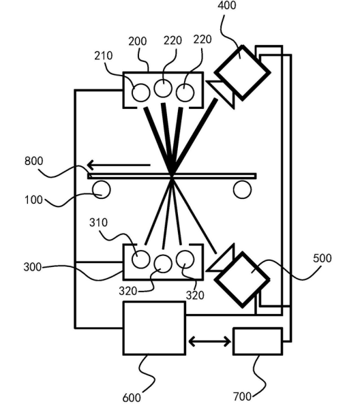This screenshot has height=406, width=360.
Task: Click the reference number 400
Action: click(227, 5)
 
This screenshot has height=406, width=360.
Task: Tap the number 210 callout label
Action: click(104, 56)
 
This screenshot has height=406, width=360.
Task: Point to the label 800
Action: click(33, 161)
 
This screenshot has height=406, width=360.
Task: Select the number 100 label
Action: click(33, 200)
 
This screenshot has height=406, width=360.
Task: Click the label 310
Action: click(98, 223)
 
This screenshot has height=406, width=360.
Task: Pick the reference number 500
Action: click(322, 258)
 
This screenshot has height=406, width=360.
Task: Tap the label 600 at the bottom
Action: click(132, 397)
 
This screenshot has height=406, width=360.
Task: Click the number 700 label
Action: click(242, 396)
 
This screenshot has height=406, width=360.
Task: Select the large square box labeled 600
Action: click(154, 328)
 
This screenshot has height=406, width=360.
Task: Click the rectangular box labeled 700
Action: click(258, 341)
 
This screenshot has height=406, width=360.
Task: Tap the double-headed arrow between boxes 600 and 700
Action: click(210, 342)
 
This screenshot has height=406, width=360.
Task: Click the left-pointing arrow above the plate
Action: click(119, 165)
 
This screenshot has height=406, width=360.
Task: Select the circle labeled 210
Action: click(141, 93)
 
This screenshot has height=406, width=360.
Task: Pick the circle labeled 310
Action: click(141, 259)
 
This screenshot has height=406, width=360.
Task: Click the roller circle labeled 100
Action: click(102, 189)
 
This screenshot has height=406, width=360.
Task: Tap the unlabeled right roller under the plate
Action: click(242, 189)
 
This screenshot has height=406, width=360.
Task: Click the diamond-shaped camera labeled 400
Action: click(243, 73)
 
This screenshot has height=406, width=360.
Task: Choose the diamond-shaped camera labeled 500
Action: click(243, 280)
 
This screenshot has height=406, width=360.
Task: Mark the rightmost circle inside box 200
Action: click(185, 93)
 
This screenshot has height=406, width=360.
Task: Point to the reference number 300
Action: click(33, 267)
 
